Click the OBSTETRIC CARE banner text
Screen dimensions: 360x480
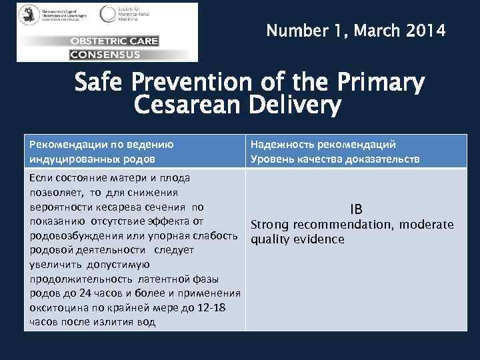(114, 41)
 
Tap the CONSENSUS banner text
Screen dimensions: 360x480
(105, 53)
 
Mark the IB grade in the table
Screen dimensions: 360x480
(355, 209)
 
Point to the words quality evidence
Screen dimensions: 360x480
(297, 239)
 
